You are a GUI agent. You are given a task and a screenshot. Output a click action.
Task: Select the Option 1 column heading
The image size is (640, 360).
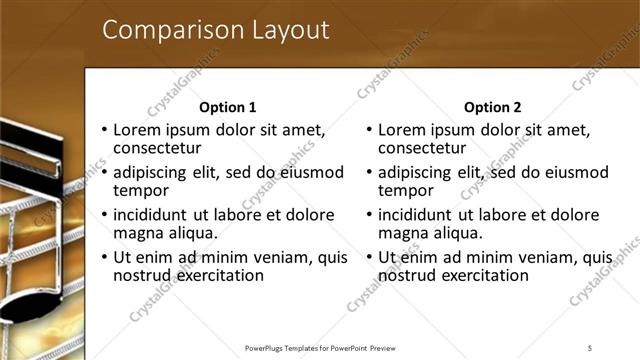click(228, 107)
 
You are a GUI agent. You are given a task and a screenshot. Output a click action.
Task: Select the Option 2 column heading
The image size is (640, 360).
click(493, 107)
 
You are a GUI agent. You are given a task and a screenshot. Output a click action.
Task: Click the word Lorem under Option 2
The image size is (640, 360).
click(403, 130)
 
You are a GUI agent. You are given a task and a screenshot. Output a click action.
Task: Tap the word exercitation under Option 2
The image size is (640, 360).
click(482, 274)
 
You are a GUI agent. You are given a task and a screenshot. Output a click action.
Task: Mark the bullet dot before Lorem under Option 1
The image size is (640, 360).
click(105, 131)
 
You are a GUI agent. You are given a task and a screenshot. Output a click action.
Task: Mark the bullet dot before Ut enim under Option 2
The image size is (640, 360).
click(370, 257)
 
